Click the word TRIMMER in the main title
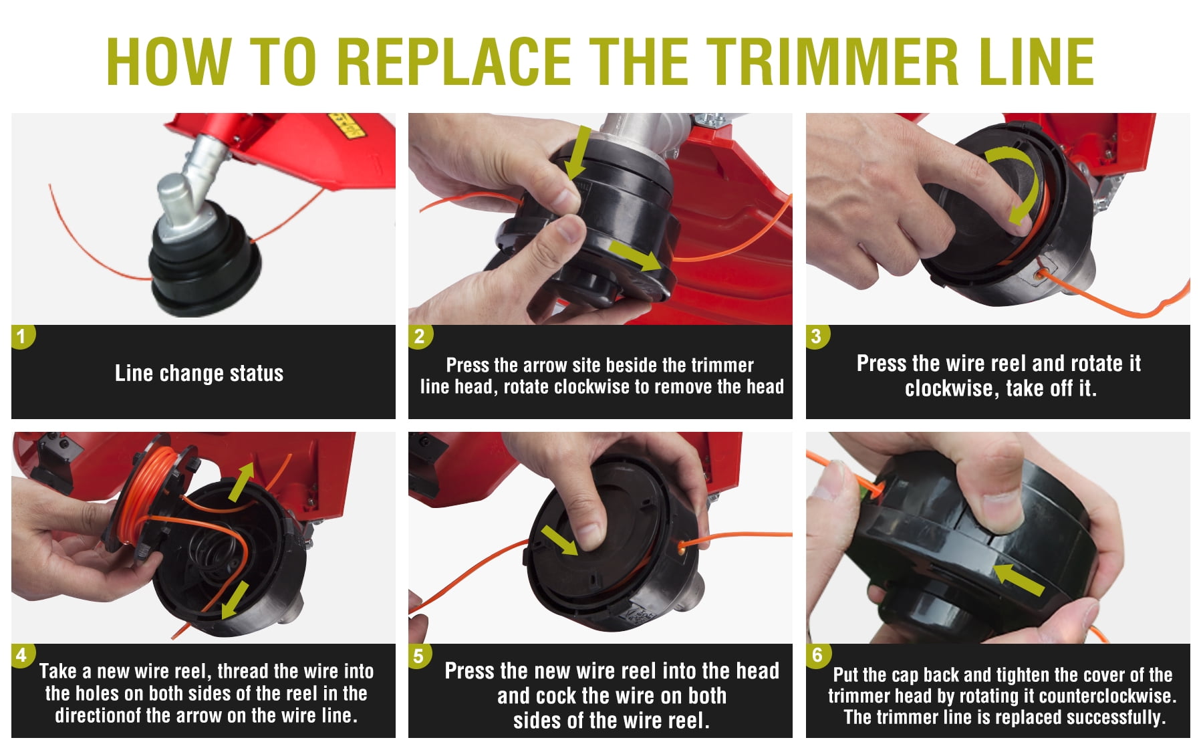[x=833, y=61]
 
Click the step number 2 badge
[x=420, y=336]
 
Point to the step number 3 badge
[x=817, y=336]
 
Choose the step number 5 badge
[x=420, y=655]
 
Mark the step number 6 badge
[x=817, y=655]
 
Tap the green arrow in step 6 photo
[x=1018, y=579]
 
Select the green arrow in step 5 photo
[x=560, y=540]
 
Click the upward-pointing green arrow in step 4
[x=241, y=481]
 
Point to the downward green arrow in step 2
[x=579, y=152]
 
